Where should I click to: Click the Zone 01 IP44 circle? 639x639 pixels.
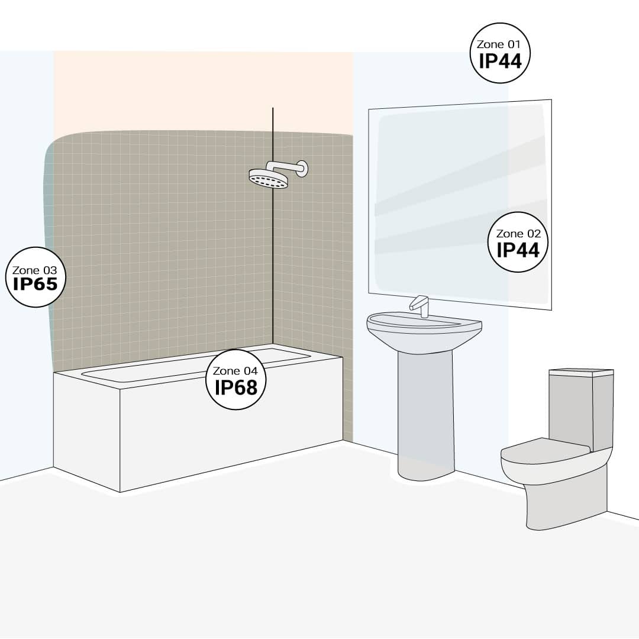point(500,53)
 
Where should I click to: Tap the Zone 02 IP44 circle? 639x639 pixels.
point(518,242)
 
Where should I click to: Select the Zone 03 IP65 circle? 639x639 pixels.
point(35,277)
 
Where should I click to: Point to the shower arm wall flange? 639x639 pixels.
point(303,168)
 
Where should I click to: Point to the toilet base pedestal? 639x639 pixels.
point(566,499)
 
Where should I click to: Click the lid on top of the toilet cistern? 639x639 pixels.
point(581,372)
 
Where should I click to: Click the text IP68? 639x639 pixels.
point(236,388)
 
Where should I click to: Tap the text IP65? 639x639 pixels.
point(35,284)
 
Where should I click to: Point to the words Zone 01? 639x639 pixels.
point(499,44)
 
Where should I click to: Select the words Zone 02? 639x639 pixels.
point(518,234)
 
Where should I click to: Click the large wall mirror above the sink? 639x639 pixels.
point(460,204)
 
